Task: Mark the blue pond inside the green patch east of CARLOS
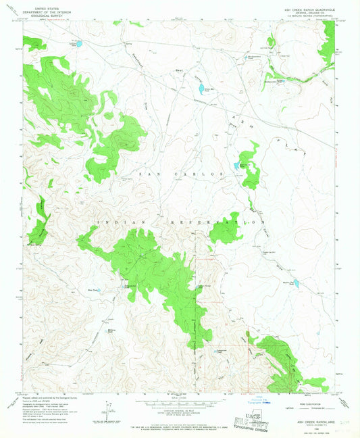[238, 165]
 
